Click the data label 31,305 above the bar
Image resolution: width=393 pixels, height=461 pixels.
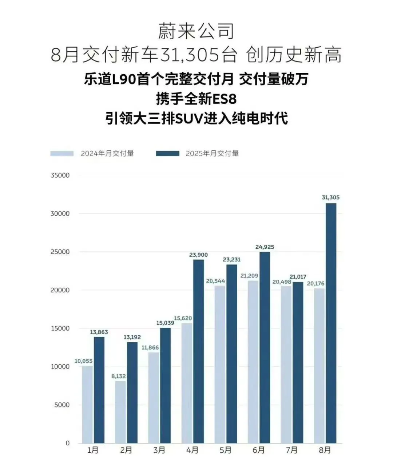tap(330, 197)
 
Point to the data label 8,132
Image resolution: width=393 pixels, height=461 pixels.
tap(119, 376)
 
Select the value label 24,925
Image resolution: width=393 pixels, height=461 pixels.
tap(265, 247)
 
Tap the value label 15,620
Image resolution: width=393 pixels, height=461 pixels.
tap(183, 318)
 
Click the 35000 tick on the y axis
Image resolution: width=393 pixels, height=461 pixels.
tap(60, 175)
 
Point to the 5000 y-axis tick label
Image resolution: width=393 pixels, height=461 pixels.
tap(62, 405)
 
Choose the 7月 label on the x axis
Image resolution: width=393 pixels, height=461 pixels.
tap(291, 450)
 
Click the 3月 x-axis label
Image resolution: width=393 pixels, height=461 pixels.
tap(159, 450)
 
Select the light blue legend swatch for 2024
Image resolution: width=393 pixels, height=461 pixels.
tap(62, 154)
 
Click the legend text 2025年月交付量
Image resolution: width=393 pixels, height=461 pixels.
tap(212, 154)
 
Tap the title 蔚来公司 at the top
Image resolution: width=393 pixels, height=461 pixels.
tap(196, 32)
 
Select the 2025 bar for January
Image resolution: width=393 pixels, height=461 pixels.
tap(99, 390)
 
